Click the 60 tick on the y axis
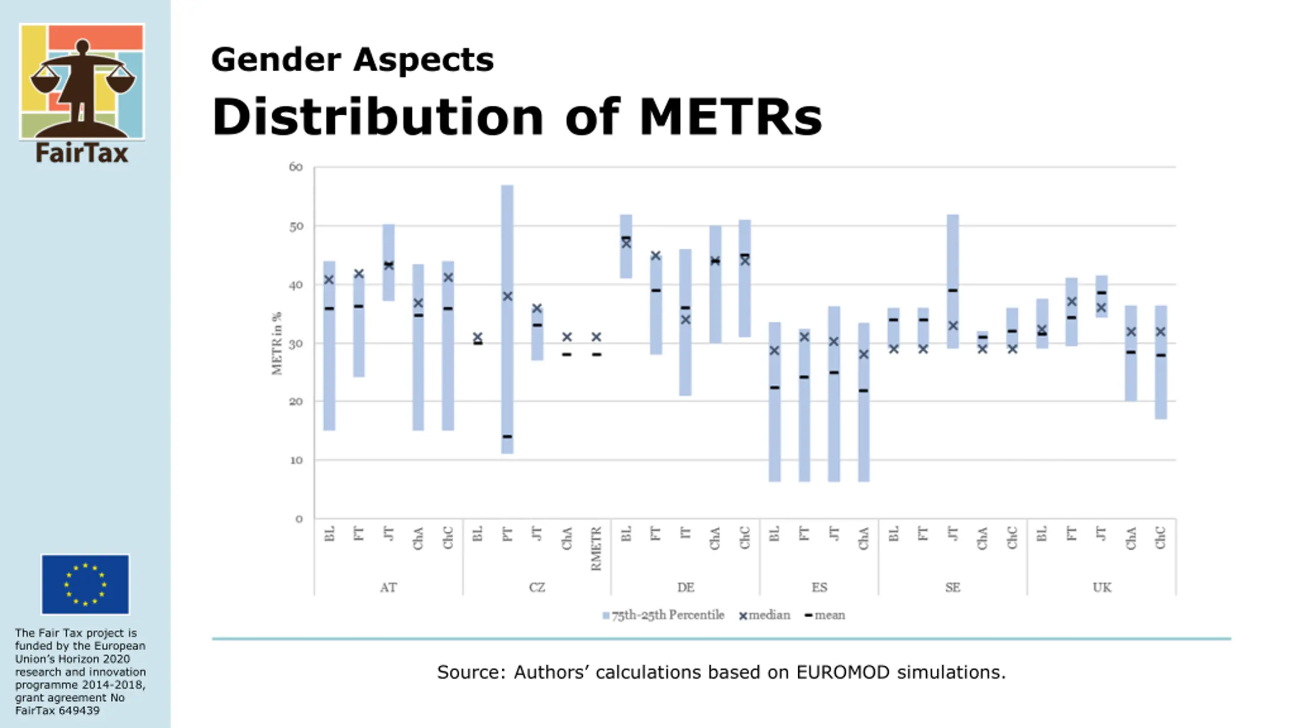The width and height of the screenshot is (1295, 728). [x=296, y=167]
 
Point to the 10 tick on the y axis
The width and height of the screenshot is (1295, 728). [x=296, y=460]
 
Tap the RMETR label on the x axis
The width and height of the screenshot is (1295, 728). [x=596, y=549]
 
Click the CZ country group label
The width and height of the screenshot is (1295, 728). [x=537, y=587]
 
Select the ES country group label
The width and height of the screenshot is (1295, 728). [x=819, y=587]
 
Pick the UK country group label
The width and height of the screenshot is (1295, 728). [x=1102, y=587]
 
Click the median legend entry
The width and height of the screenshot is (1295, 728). [x=765, y=615]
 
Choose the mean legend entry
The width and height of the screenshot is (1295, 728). [x=825, y=615]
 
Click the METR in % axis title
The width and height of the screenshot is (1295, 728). [x=277, y=344]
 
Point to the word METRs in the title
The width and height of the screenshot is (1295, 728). [x=730, y=117]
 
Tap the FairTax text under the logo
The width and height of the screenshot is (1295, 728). [x=82, y=153]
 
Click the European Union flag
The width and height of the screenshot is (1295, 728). [x=85, y=584]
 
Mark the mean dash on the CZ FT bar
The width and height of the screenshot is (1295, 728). [x=507, y=436]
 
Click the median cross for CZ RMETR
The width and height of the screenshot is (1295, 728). [x=596, y=337]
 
